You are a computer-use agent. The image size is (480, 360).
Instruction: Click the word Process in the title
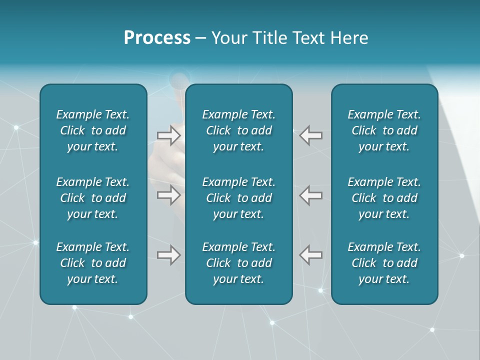[157, 38]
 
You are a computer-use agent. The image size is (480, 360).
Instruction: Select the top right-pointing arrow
[168, 135]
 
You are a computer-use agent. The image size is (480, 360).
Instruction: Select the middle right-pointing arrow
[168, 195]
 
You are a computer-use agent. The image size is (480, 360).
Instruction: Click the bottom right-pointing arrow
[168, 255]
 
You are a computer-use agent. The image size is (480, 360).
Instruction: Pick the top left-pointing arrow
[311, 135]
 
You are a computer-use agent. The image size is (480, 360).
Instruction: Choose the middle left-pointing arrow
[311, 195]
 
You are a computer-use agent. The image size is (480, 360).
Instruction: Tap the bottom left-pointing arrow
[311, 255]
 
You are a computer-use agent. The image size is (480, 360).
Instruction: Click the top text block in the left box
[93, 130]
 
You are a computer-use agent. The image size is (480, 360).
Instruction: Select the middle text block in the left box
[93, 198]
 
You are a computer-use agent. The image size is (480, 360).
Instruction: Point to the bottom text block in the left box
[93, 263]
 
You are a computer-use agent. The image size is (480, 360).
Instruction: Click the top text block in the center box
[239, 130]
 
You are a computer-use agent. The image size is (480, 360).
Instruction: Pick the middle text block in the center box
[239, 198]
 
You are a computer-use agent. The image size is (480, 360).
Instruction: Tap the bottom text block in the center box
[239, 263]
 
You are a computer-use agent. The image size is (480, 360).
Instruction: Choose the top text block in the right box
[384, 130]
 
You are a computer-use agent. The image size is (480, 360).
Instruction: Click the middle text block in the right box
[384, 198]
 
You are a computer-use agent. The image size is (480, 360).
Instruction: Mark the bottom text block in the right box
[384, 263]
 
